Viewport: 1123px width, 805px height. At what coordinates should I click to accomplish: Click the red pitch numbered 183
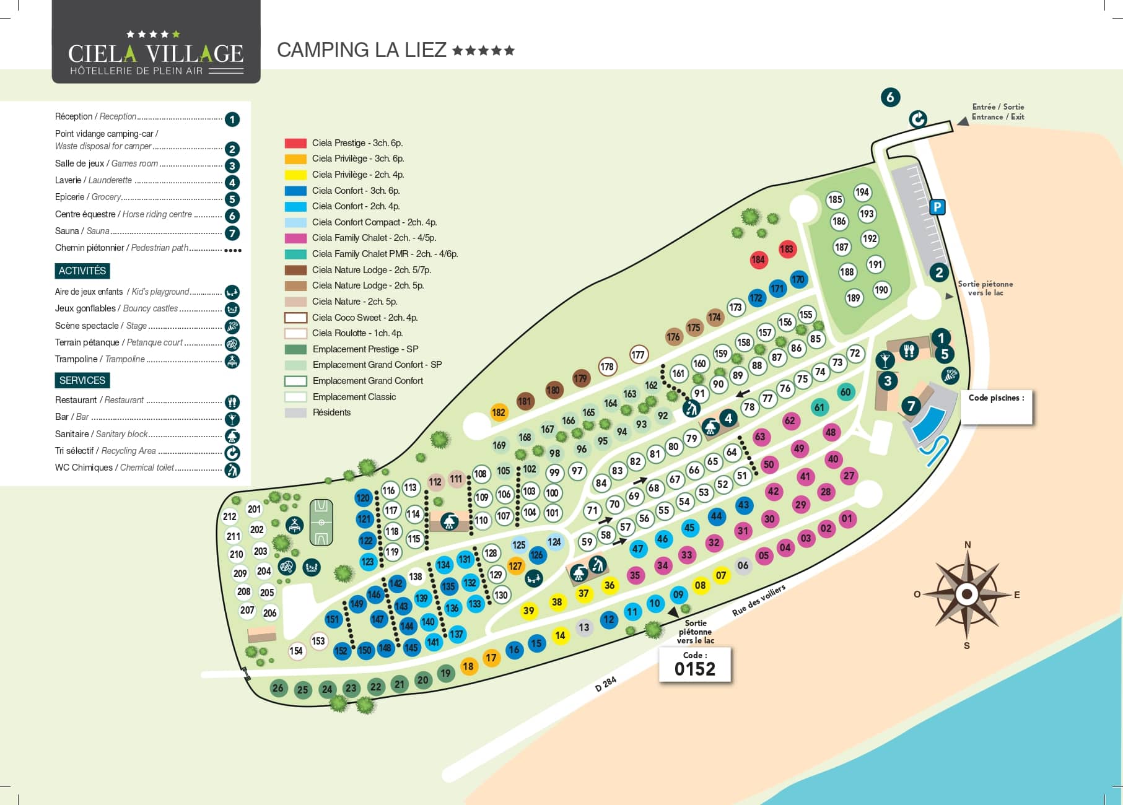[787, 250]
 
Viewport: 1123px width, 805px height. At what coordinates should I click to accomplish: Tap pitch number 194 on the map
[862, 193]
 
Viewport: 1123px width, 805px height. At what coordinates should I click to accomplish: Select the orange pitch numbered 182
[499, 412]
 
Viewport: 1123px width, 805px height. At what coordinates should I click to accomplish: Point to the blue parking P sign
[938, 207]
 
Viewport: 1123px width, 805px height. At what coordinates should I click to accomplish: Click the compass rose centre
[966, 594]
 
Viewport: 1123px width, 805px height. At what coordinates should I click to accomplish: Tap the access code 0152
[695, 669]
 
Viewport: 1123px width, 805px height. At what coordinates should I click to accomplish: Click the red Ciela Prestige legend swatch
[295, 143]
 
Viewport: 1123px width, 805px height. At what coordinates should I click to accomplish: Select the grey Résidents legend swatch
[295, 412]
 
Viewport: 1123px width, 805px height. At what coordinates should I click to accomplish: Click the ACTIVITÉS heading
[82, 271]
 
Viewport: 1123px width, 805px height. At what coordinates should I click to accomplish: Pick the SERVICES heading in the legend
[82, 380]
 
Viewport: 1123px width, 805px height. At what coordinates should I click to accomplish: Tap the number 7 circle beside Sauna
[232, 233]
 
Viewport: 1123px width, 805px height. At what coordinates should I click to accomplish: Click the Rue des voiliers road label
[759, 600]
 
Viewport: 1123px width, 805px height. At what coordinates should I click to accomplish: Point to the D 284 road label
[605, 684]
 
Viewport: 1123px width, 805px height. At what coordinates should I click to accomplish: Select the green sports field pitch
[321, 522]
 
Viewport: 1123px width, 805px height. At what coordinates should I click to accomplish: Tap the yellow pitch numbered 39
[528, 611]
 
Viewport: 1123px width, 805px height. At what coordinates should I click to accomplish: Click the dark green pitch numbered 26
[278, 688]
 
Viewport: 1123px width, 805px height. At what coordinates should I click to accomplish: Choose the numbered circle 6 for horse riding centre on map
[890, 97]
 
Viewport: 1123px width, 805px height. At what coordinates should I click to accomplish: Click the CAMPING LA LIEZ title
[362, 50]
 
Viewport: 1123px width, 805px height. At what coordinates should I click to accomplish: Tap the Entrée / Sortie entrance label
[998, 111]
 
